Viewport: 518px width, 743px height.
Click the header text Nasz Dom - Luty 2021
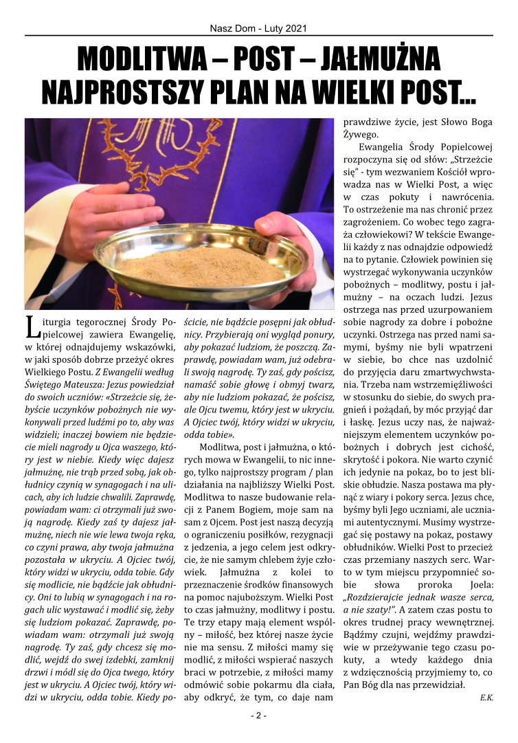pos(258,29)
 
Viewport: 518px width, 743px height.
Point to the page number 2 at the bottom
pos(258,716)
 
